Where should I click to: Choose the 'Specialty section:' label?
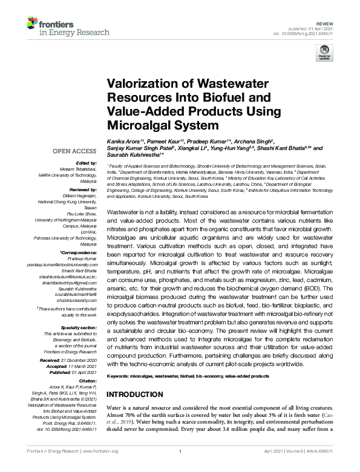[x=80, y=327]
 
